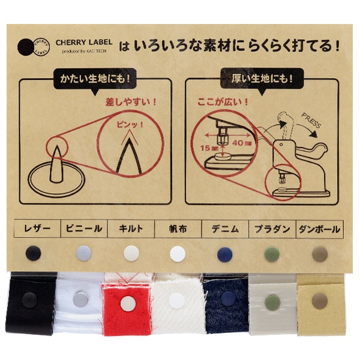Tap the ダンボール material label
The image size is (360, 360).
pos(319,229)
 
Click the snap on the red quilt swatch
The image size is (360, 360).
pos(127,304)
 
